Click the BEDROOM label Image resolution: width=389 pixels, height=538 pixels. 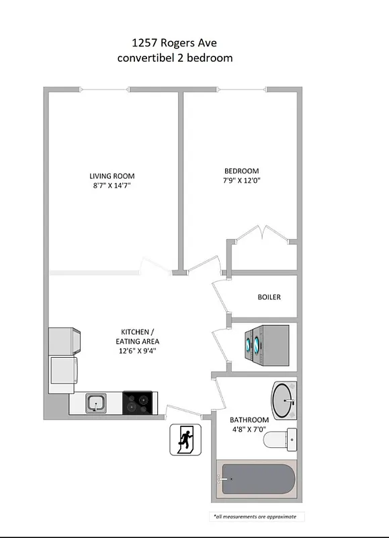(242, 171)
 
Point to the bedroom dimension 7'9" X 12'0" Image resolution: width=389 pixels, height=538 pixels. (242, 180)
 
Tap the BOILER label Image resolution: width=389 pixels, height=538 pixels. (269, 297)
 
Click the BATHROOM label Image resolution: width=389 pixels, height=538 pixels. (250, 418)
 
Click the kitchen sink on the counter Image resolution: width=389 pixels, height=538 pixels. (96, 403)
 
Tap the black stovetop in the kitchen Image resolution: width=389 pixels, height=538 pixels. (139, 403)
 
